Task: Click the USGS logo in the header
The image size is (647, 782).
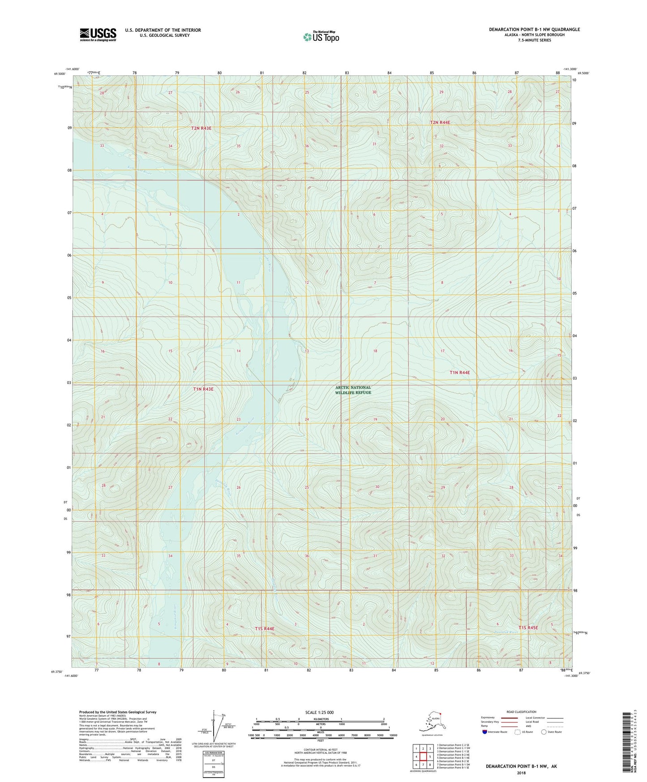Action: click(x=98, y=34)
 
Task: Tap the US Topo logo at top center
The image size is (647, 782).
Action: click(x=321, y=37)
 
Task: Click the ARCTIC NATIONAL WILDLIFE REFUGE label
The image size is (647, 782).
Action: click(x=353, y=390)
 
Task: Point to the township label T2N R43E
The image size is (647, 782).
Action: click(x=201, y=128)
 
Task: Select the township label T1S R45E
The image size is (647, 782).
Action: click(x=528, y=627)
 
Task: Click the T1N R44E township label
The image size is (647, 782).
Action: click(x=460, y=372)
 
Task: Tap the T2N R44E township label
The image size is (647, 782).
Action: click(x=440, y=122)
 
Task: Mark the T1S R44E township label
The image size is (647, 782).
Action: click(x=265, y=628)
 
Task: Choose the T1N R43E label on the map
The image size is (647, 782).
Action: click(x=203, y=389)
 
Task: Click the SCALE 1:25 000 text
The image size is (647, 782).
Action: click(x=319, y=712)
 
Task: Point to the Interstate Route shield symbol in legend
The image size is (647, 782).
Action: click(x=485, y=732)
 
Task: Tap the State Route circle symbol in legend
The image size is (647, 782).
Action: click(x=544, y=732)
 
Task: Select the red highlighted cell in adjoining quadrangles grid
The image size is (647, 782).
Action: click(x=423, y=756)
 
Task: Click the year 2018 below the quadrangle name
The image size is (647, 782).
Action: click(x=521, y=773)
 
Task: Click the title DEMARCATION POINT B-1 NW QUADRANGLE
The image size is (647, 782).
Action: click(x=534, y=30)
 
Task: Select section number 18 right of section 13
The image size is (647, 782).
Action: click(x=375, y=351)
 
